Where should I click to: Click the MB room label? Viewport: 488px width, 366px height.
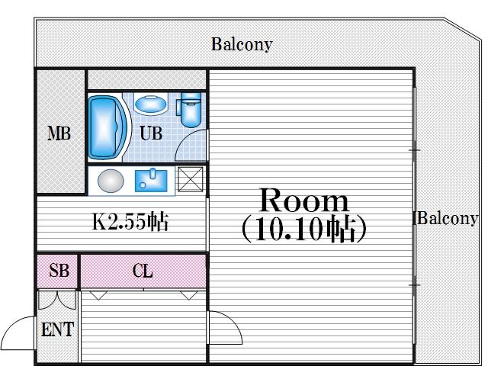pos(59,133)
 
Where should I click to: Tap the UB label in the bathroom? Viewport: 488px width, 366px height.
pos(151,133)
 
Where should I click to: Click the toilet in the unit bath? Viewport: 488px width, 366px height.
pos(190,110)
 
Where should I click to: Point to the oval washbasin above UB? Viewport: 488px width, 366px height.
pos(151,104)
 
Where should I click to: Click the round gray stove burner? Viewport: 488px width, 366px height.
pos(111,181)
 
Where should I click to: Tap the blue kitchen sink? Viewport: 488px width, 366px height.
pos(151,180)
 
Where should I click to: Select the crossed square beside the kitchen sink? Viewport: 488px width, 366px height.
pos(190,179)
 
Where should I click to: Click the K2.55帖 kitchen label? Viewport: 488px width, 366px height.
pos(130,222)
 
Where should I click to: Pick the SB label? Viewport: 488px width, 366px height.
pos(59,270)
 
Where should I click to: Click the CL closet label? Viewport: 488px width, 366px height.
pos(143,271)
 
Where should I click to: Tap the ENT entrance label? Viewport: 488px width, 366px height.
pos(58,329)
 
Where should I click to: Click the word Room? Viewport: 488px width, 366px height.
pos(304,201)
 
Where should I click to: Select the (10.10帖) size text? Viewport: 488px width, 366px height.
pos(304,230)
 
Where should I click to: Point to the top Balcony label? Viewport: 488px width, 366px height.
pos(242,44)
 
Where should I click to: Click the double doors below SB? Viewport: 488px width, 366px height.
pos(57,300)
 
